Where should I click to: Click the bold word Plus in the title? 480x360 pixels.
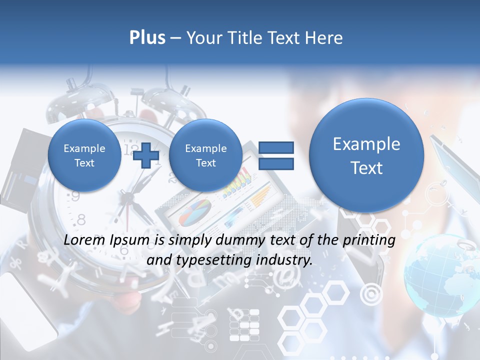click(x=147, y=38)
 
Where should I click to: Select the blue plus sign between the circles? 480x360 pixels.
click(x=145, y=155)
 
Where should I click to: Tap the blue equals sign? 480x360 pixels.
click(x=276, y=155)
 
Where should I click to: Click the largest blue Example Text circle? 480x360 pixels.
click(x=366, y=155)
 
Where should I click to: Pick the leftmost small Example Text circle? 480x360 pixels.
click(x=84, y=155)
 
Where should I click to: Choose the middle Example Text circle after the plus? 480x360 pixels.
click(x=205, y=155)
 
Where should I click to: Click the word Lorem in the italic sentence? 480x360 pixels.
click(x=85, y=240)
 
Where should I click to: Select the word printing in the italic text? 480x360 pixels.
click(x=369, y=240)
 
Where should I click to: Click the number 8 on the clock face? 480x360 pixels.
click(x=81, y=219)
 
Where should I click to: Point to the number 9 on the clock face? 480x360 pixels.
click(x=75, y=196)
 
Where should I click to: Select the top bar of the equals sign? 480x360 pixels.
click(x=276, y=147)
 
